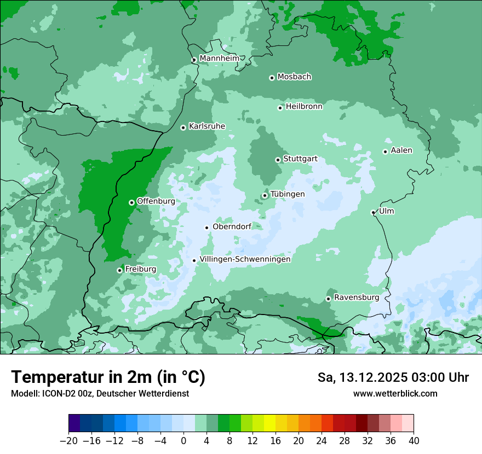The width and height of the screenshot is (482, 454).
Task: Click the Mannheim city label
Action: [x=219, y=59]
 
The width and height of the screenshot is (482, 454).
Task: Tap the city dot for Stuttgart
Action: [x=278, y=160]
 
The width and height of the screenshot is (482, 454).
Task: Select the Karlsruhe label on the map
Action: [x=206, y=126]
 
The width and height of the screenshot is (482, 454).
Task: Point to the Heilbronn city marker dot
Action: [x=280, y=108]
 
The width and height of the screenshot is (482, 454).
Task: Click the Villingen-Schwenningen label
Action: [x=245, y=259]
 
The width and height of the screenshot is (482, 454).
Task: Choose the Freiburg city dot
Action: [x=119, y=270]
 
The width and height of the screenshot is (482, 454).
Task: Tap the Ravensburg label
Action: [x=356, y=298]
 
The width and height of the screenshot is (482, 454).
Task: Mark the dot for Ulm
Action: [x=373, y=212]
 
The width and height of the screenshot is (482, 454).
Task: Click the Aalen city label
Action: [x=401, y=150]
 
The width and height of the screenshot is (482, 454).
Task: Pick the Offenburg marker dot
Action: [x=131, y=202]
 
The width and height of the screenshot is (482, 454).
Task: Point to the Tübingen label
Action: [x=287, y=194]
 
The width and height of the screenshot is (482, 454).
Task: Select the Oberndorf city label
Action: [x=231, y=226]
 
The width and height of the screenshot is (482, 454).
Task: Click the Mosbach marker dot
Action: [x=272, y=78]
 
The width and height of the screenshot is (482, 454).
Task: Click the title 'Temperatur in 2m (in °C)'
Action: [x=108, y=377]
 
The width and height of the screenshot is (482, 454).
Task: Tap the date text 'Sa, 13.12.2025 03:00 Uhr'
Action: [x=393, y=377]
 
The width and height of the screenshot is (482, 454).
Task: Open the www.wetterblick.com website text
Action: [x=395, y=393]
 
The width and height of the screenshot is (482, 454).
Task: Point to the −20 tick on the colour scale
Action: [x=69, y=441]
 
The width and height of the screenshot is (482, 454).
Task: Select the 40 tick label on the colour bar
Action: [x=414, y=441]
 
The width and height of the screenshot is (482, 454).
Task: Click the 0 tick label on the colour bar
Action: [x=183, y=441]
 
